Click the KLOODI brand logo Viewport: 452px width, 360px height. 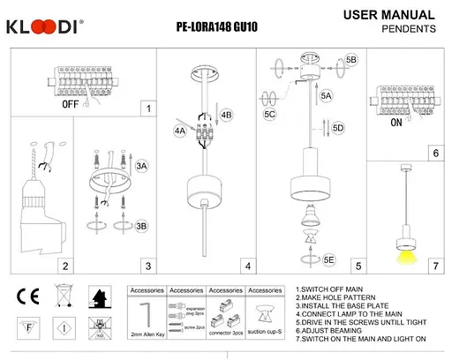[x=45, y=26]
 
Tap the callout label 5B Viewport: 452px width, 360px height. [x=351, y=59]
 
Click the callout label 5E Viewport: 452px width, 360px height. [x=329, y=260]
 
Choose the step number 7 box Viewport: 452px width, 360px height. [x=434, y=265]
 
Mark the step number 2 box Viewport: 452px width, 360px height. [x=64, y=265]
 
